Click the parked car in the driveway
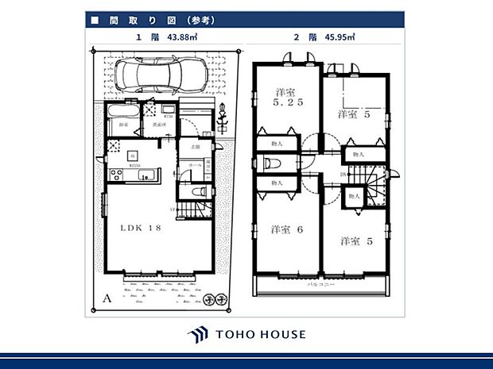pos(160,77)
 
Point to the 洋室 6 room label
pos(285,229)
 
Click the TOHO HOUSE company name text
pos(259,334)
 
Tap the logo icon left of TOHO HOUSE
pos(197,334)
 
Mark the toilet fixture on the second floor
pos(270,163)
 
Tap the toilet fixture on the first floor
pos(200,191)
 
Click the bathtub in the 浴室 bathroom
pos(122,113)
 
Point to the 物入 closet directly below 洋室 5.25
pos(277,144)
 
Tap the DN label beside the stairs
pos(344,174)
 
